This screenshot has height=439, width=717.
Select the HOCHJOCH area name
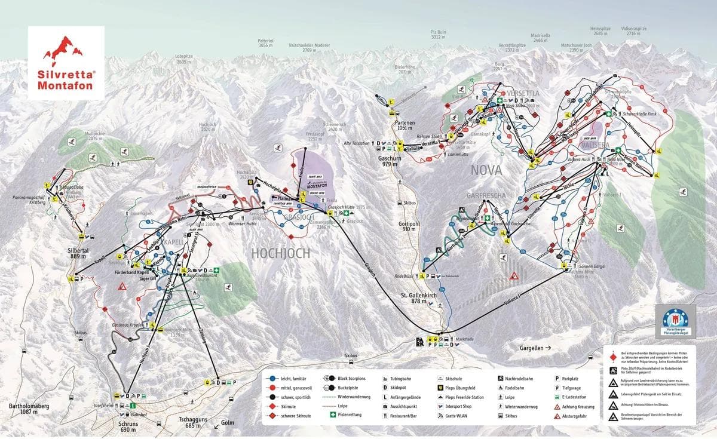[x=281, y=253]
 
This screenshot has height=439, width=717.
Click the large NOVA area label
[x=486, y=170]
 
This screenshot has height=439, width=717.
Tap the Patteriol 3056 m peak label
[x=266, y=43]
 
